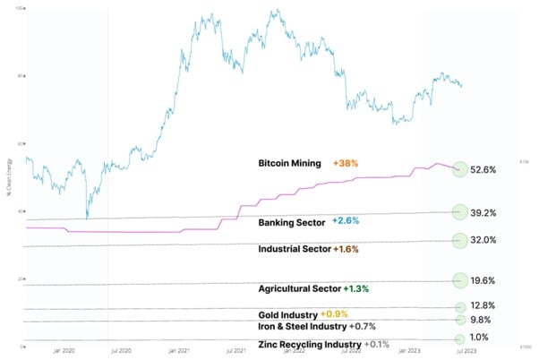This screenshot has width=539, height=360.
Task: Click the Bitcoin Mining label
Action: pyautogui.click(x=290, y=164)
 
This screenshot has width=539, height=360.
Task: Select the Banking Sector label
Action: pyautogui.click(x=291, y=220)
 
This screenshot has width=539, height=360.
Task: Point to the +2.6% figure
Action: pyautogui.click(x=346, y=220)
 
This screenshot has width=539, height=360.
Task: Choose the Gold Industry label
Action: pyautogui.click(x=287, y=315)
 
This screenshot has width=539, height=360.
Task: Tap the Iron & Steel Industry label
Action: pyautogui.click(x=299, y=327)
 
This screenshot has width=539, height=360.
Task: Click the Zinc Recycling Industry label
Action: pyautogui.click(x=309, y=345)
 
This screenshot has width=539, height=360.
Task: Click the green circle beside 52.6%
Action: pyautogui.click(x=460, y=168)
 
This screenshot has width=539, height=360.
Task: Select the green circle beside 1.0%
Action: pyautogui.click(x=460, y=339)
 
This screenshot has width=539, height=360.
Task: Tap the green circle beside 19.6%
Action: pyautogui.click(x=460, y=280)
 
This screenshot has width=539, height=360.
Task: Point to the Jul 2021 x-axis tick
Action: pyautogui.click(x=237, y=351)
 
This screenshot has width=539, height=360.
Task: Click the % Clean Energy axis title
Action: pyautogui.click(x=9, y=178)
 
